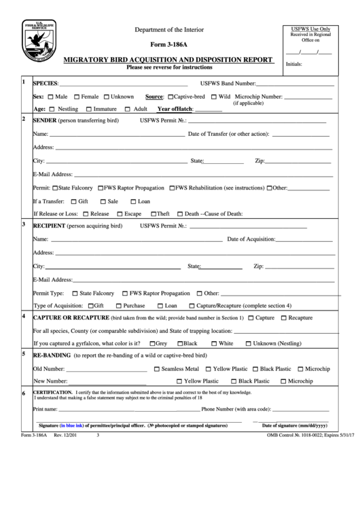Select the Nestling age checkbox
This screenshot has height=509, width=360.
point(52,109)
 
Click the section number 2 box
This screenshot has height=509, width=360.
point(24,120)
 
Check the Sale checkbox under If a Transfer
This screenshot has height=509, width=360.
point(102,202)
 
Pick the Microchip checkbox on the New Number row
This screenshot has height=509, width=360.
point(282,381)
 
